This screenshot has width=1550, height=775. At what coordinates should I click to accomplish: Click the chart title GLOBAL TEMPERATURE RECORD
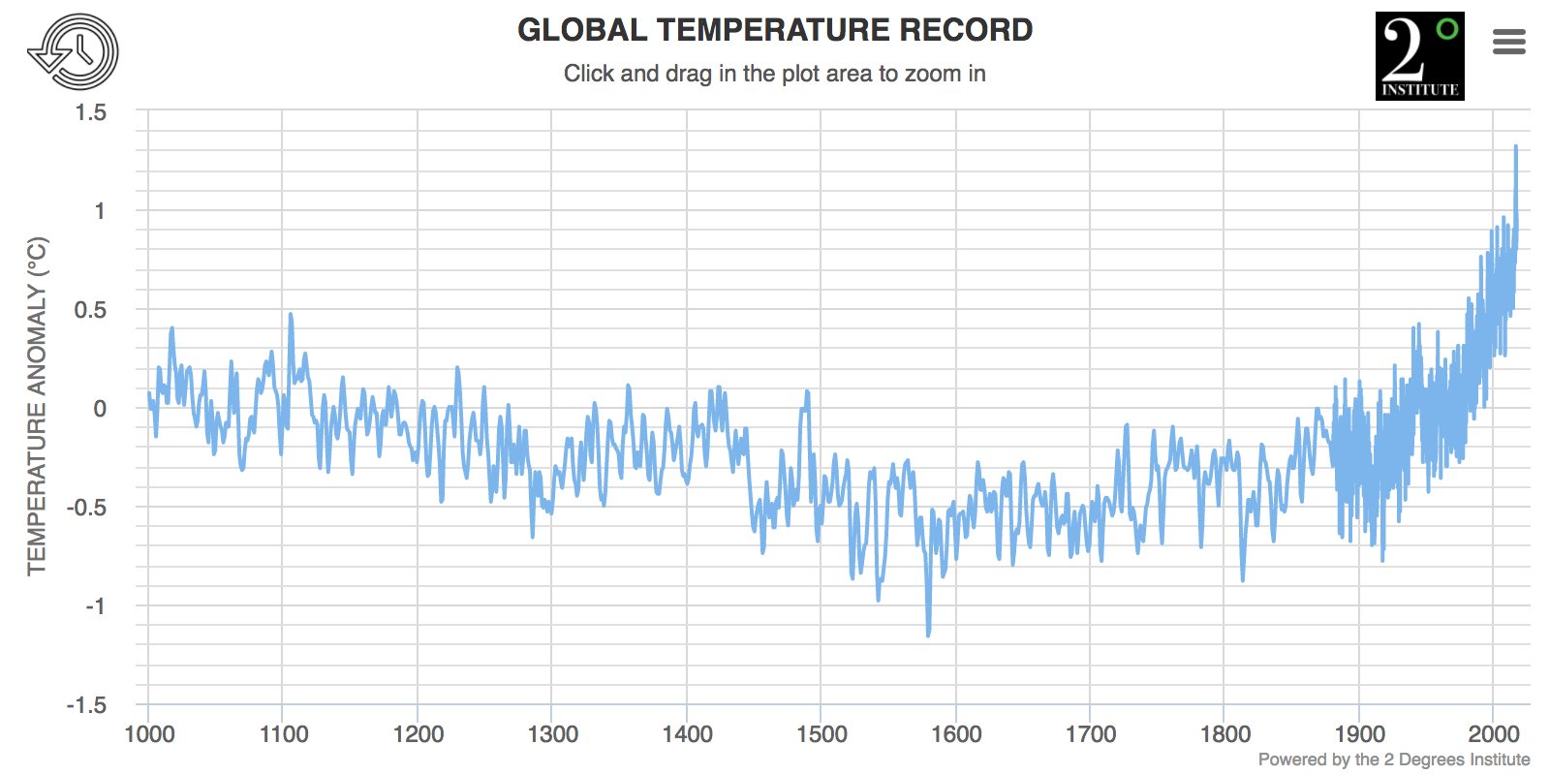(775, 30)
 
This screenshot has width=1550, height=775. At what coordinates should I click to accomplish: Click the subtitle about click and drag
(775, 74)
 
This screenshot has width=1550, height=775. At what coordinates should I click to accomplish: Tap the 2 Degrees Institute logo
(1419, 56)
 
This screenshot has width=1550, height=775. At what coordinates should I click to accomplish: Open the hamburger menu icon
(1509, 42)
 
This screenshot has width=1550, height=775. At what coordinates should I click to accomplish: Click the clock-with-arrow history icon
(73, 52)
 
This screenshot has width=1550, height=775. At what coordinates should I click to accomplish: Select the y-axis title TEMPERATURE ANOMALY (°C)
(37, 406)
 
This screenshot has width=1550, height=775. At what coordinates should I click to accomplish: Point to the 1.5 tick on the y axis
(91, 112)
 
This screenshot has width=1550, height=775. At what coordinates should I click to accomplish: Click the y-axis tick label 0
(100, 409)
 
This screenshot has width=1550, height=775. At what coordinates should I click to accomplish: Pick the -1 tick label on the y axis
(95, 606)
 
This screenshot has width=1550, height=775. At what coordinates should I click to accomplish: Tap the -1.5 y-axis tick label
(87, 705)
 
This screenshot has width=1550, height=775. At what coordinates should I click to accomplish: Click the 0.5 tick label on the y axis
(91, 310)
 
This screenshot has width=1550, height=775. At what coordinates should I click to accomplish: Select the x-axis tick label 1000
(149, 734)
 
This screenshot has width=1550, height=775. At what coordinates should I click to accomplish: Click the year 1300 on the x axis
(552, 734)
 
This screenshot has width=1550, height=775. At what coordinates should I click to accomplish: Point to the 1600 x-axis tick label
(956, 734)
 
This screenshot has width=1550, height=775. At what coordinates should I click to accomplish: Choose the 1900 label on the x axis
(1359, 734)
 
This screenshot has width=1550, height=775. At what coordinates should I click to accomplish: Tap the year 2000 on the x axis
(1494, 734)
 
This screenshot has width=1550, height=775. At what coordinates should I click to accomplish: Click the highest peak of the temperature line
(1516, 147)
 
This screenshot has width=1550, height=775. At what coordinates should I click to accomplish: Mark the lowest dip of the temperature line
(928, 635)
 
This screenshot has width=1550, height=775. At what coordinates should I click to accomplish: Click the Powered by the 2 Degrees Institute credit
(1394, 759)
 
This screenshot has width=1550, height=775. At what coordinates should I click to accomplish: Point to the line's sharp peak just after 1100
(290, 315)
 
